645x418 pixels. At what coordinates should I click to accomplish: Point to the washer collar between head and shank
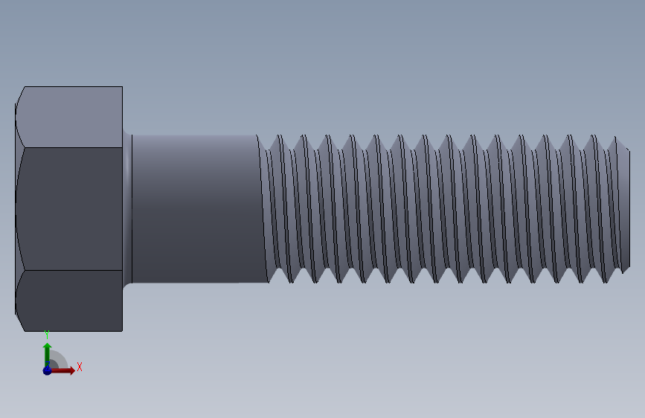[127, 208]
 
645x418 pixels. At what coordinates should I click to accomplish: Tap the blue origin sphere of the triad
[47, 370]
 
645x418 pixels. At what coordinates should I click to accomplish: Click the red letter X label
[79, 367]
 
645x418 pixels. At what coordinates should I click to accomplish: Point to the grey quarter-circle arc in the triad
[61, 358]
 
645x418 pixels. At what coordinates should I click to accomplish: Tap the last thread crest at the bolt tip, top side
[615, 138]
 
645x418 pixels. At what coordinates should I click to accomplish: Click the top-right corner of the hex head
[122, 87]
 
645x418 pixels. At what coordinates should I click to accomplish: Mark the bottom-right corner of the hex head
[122, 330]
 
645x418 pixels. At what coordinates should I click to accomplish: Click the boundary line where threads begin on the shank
[263, 208]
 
